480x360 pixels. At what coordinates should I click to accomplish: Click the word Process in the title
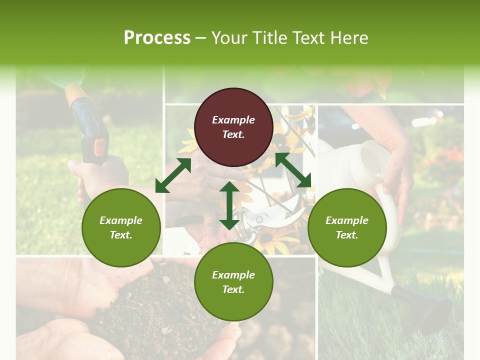(x=157, y=38)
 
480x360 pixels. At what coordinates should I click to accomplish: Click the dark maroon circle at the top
(x=233, y=127)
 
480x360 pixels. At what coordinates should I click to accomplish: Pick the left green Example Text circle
(x=121, y=228)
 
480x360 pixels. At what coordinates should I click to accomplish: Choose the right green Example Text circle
(x=347, y=228)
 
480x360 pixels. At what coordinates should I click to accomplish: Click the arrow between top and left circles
(x=173, y=175)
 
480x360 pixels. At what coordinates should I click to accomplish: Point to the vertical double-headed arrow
(x=229, y=205)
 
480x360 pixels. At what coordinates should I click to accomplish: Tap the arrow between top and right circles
(x=293, y=170)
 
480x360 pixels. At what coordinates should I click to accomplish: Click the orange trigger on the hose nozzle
(x=100, y=146)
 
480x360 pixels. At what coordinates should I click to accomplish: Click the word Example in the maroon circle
(x=233, y=120)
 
